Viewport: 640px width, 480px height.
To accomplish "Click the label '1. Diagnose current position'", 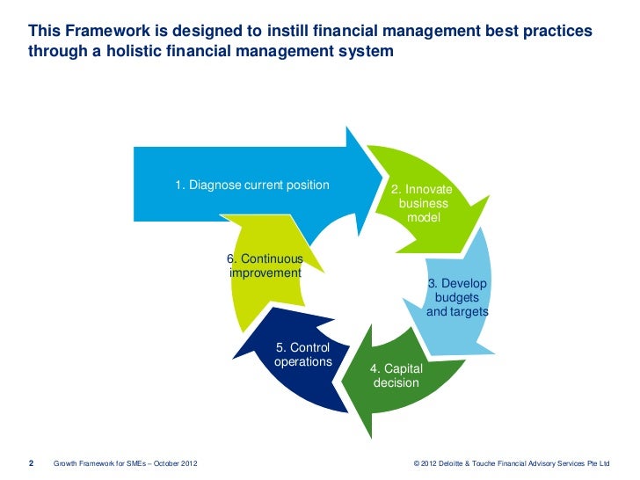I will coord(251,185).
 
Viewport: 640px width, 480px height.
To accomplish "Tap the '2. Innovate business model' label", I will coord(422,203).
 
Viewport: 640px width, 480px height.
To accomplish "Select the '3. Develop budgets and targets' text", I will coord(457,298).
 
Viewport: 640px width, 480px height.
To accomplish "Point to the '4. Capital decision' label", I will coord(396,375).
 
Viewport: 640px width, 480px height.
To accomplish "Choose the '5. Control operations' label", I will coord(302,354).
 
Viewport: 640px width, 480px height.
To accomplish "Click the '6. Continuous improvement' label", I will coord(265,265).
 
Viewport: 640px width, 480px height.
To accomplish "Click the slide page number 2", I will coord(31,462).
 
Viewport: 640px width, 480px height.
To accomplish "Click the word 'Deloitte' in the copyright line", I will coord(460,462).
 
